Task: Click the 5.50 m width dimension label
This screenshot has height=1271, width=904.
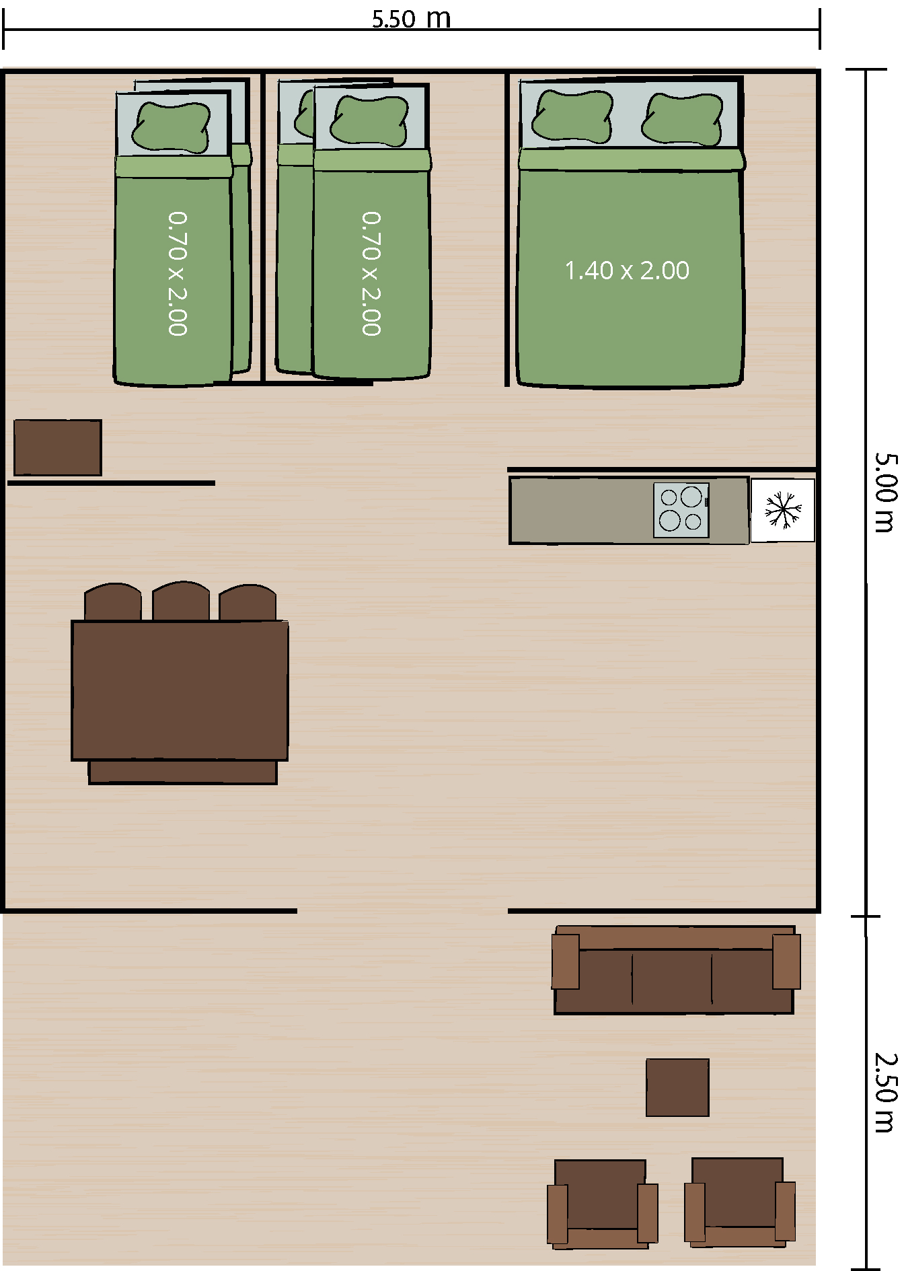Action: coord(411,18)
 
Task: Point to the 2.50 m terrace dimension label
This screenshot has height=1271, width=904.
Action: coord(886,1092)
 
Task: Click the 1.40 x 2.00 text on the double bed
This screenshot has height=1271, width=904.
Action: coord(627,270)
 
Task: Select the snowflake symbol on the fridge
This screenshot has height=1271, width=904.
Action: coord(783,509)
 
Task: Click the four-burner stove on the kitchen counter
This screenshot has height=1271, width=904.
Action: coord(681,510)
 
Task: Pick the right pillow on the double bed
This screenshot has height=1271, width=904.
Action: coord(682,118)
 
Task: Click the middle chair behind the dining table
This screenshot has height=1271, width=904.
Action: coord(181,602)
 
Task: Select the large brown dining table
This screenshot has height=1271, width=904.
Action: coord(180,690)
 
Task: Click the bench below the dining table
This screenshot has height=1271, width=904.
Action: coord(182,772)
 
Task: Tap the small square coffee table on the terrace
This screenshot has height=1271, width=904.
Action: coord(677,1087)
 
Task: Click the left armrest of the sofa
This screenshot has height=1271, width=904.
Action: coord(566,961)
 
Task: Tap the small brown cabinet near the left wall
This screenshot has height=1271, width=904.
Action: coord(58,447)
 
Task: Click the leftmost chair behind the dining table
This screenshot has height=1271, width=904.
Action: coord(113,602)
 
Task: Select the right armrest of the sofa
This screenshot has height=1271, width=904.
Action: coord(786,961)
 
